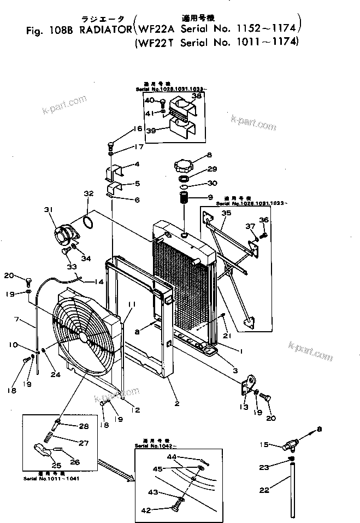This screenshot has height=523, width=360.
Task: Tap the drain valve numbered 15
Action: [x=289, y=445]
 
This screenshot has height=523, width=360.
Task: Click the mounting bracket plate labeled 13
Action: [x=251, y=383]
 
